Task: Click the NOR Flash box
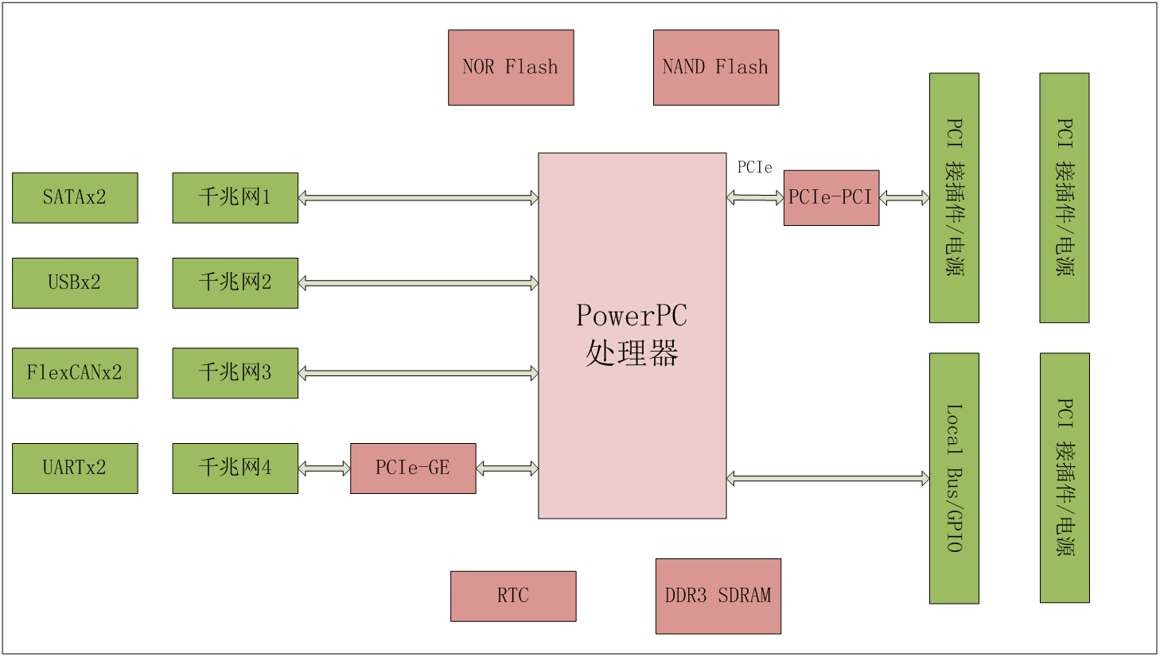coord(511,68)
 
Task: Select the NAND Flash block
coord(715,68)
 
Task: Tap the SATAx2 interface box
coord(75,197)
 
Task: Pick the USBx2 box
coord(75,282)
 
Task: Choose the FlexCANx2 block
coord(75,372)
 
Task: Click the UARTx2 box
coord(75,468)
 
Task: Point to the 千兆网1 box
coord(235,197)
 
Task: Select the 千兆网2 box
coord(235,282)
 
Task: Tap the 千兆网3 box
coord(235,372)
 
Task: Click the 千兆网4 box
coord(235,468)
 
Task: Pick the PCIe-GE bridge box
coord(413,468)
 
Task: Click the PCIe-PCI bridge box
coord(831,197)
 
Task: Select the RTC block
coord(512,596)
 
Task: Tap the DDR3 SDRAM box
coord(718,596)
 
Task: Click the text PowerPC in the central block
coord(632,316)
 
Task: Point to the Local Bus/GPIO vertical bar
coord(953,478)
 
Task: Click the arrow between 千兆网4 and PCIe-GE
coord(324,468)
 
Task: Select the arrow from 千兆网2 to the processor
coord(418,282)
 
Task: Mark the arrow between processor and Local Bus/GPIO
coord(827,478)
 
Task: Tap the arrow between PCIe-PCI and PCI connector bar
coord(904,197)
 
